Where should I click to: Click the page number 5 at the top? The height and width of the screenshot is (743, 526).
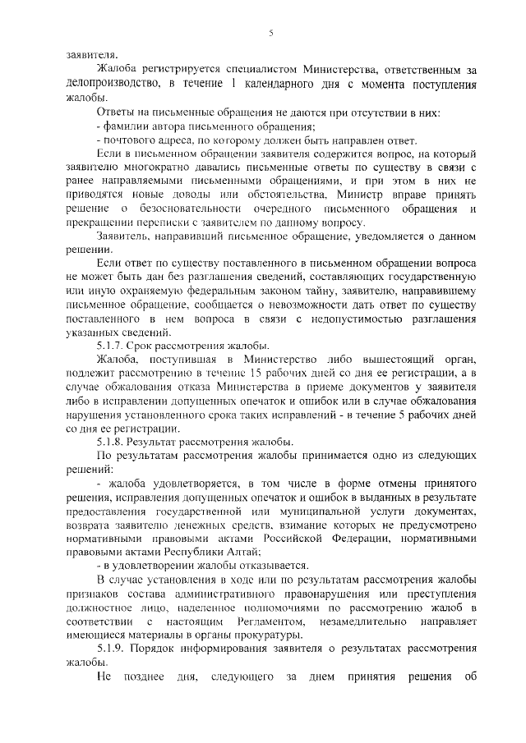coord(270,33)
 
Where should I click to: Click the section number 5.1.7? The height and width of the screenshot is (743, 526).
coord(111,346)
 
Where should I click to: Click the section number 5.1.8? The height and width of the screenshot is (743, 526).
coord(111,442)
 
